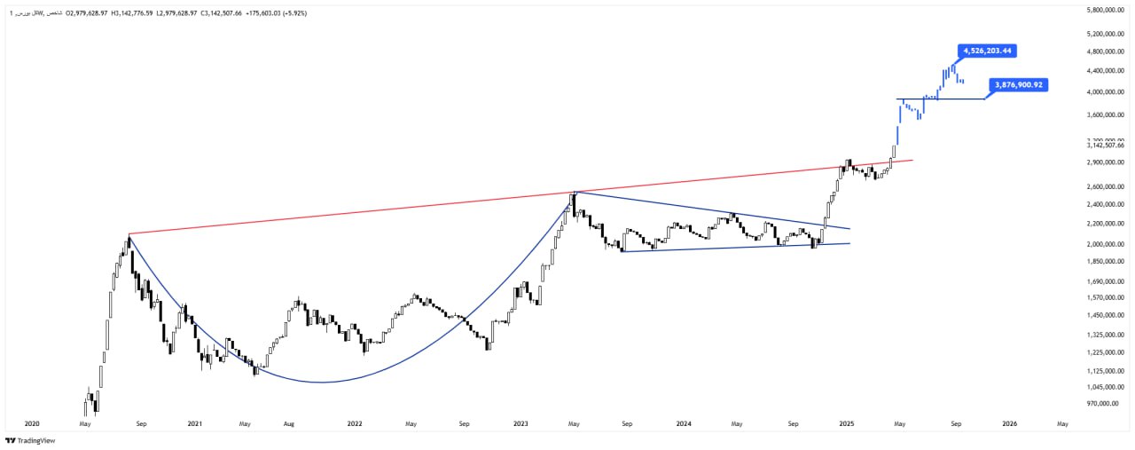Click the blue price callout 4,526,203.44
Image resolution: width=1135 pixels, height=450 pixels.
tap(986, 51)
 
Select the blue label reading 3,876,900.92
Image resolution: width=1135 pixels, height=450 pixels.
tap(1017, 85)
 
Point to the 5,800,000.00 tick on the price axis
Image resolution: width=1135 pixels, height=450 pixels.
tap(1105, 10)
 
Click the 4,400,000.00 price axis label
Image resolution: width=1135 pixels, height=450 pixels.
tap(1105, 71)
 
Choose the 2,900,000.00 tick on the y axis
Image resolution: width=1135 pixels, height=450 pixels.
tap(1105, 162)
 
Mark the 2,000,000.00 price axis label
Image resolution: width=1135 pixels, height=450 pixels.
tap(1105, 244)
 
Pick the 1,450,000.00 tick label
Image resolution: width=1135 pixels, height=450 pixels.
tap(1105, 315)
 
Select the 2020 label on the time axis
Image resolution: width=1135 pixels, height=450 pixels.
tap(32, 424)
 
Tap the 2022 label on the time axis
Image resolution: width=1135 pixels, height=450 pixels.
tap(356, 424)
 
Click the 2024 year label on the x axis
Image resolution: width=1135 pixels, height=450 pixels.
tap(683, 424)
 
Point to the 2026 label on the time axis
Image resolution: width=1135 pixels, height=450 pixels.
tap(1009, 424)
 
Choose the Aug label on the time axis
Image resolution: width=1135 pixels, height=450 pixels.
tap(287, 424)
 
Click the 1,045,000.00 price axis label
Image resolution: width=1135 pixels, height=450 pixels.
tap(1105, 387)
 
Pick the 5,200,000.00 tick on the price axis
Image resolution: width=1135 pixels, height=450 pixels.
tap(1105, 34)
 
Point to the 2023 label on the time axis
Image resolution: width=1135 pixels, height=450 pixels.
tap(521, 424)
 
